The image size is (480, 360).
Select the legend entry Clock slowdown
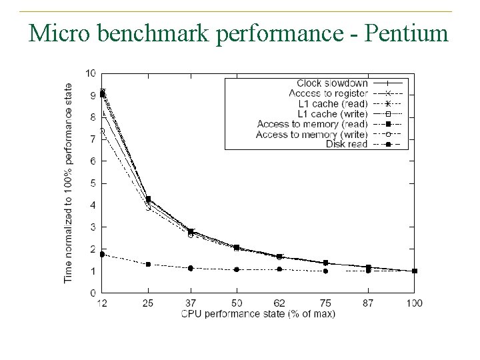point(332,83)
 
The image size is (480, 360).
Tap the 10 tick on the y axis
point(91,73)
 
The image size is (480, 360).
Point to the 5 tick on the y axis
point(93,183)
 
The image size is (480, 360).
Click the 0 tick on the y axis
point(93,293)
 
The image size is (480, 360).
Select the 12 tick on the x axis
point(102,303)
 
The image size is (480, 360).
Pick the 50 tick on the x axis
point(236,303)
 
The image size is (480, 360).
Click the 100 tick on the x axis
point(414,303)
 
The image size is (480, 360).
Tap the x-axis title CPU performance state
point(257,313)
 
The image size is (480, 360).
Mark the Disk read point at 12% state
point(102,254)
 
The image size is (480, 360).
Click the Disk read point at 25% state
point(148,265)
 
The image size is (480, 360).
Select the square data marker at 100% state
point(415,271)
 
